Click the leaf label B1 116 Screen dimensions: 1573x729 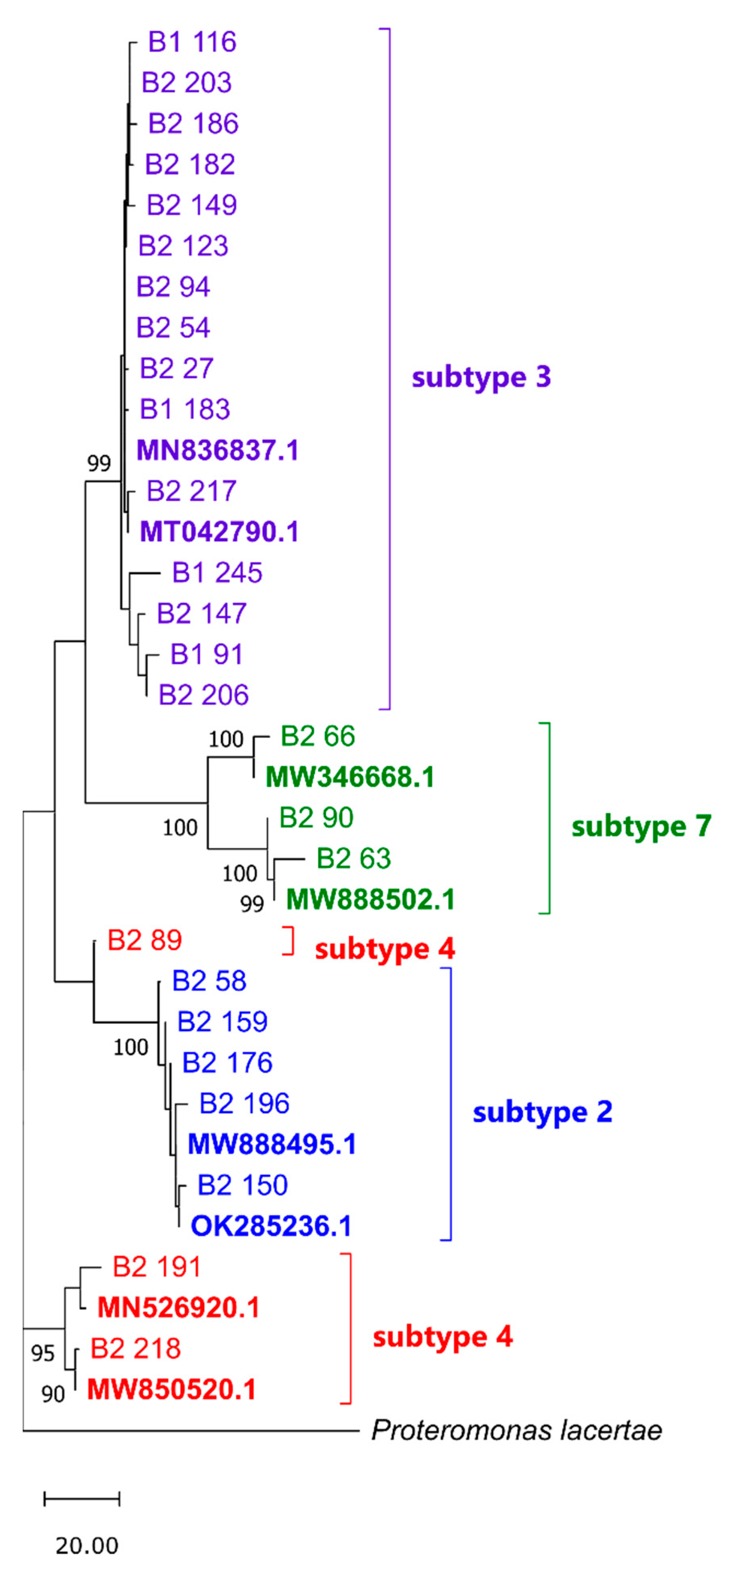(192, 42)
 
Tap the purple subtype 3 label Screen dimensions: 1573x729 (481, 377)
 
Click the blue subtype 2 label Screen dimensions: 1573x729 (542, 1112)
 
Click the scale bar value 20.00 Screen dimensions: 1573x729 (87, 1546)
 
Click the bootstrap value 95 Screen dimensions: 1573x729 (43, 1353)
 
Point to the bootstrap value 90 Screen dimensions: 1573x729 (53, 1394)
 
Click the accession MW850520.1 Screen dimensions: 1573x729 (172, 1390)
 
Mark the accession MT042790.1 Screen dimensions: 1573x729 (219, 532)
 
